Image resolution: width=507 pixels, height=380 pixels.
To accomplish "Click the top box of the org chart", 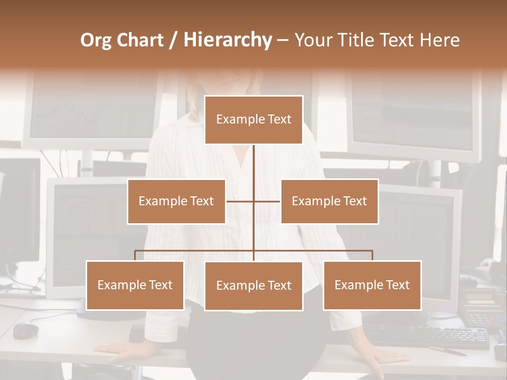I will tap(253, 120).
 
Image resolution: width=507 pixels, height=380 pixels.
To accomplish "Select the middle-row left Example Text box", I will tap(176, 201).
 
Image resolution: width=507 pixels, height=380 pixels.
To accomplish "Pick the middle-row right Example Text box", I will tap(329, 201).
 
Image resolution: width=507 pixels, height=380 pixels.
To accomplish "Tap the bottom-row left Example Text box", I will tap(135, 285).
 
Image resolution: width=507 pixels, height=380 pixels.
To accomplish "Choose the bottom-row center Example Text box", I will tap(253, 286).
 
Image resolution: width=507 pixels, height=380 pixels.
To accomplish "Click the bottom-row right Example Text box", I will tap(372, 285).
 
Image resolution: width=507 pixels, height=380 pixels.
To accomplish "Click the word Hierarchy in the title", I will tap(228, 40).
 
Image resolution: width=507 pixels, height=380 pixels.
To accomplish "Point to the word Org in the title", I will tap(97, 40).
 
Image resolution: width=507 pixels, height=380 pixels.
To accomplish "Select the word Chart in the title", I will tap(142, 40).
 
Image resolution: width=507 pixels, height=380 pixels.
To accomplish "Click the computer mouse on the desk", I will tap(25, 331).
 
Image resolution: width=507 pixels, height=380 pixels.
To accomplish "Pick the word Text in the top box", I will tap(279, 119).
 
